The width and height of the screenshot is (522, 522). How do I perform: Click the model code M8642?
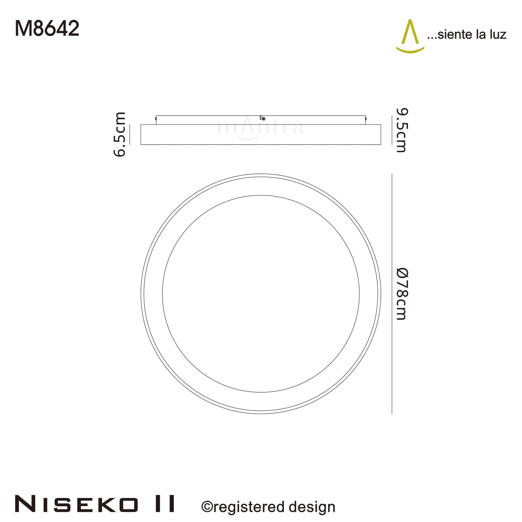47,29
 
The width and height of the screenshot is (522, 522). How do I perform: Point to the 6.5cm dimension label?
120,134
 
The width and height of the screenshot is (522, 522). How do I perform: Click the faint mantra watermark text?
261,129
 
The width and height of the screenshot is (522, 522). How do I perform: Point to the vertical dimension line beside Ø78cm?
392,294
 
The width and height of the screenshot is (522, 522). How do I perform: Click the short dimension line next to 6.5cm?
130,134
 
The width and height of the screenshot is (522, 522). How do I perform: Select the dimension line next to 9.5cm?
392,130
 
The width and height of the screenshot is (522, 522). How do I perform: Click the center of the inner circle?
261,294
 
